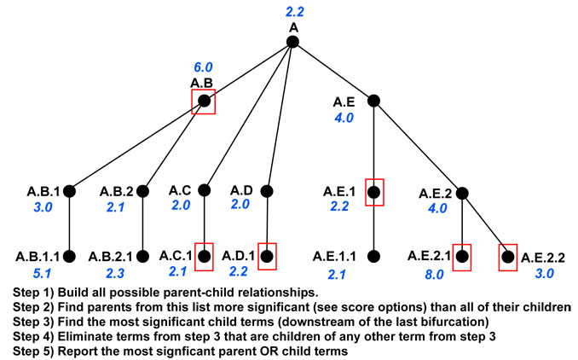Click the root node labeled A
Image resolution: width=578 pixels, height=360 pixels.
tap(292, 42)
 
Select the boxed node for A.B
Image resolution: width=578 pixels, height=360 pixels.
tap(204, 101)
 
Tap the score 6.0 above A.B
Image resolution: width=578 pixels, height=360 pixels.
tap(203, 67)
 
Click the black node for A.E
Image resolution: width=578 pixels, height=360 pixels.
tap(373, 101)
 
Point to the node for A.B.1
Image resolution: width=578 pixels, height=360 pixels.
tap(69, 191)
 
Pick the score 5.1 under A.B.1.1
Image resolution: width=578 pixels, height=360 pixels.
tap(42, 273)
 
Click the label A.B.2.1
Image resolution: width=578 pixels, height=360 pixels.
tap(110, 257)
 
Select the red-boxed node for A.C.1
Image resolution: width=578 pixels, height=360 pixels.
tap(205, 257)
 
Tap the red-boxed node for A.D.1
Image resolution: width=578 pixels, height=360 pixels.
tap(267, 257)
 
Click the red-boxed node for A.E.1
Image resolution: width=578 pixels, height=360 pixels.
tap(374, 192)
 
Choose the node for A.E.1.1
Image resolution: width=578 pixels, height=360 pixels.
tap(373, 257)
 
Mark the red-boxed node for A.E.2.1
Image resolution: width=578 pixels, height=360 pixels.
tap(462, 257)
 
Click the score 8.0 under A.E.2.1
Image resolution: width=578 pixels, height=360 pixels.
tap(434, 275)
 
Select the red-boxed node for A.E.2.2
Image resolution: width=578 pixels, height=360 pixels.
tap(508, 258)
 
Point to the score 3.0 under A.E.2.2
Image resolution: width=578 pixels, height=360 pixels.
tap(545, 273)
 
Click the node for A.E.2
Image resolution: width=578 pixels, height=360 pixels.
tap(462, 193)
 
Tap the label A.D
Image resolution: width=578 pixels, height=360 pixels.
tap(241, 190)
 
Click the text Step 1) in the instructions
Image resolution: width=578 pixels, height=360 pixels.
tap(33, 293)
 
